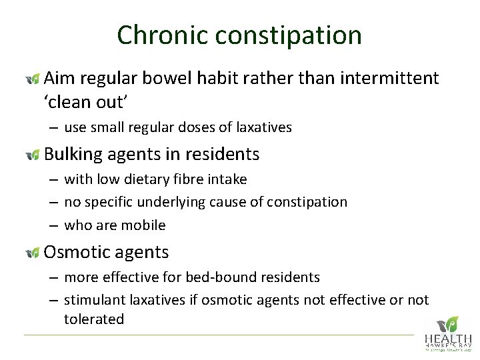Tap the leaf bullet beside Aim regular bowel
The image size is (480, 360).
pos(32,79)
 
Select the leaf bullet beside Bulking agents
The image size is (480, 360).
pos(32,155)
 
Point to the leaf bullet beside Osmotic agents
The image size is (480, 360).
pos(32,253)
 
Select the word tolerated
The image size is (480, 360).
pos(94,319)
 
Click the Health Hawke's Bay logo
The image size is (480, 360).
pos(447,333)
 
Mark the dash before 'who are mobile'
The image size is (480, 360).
pos(51,225)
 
